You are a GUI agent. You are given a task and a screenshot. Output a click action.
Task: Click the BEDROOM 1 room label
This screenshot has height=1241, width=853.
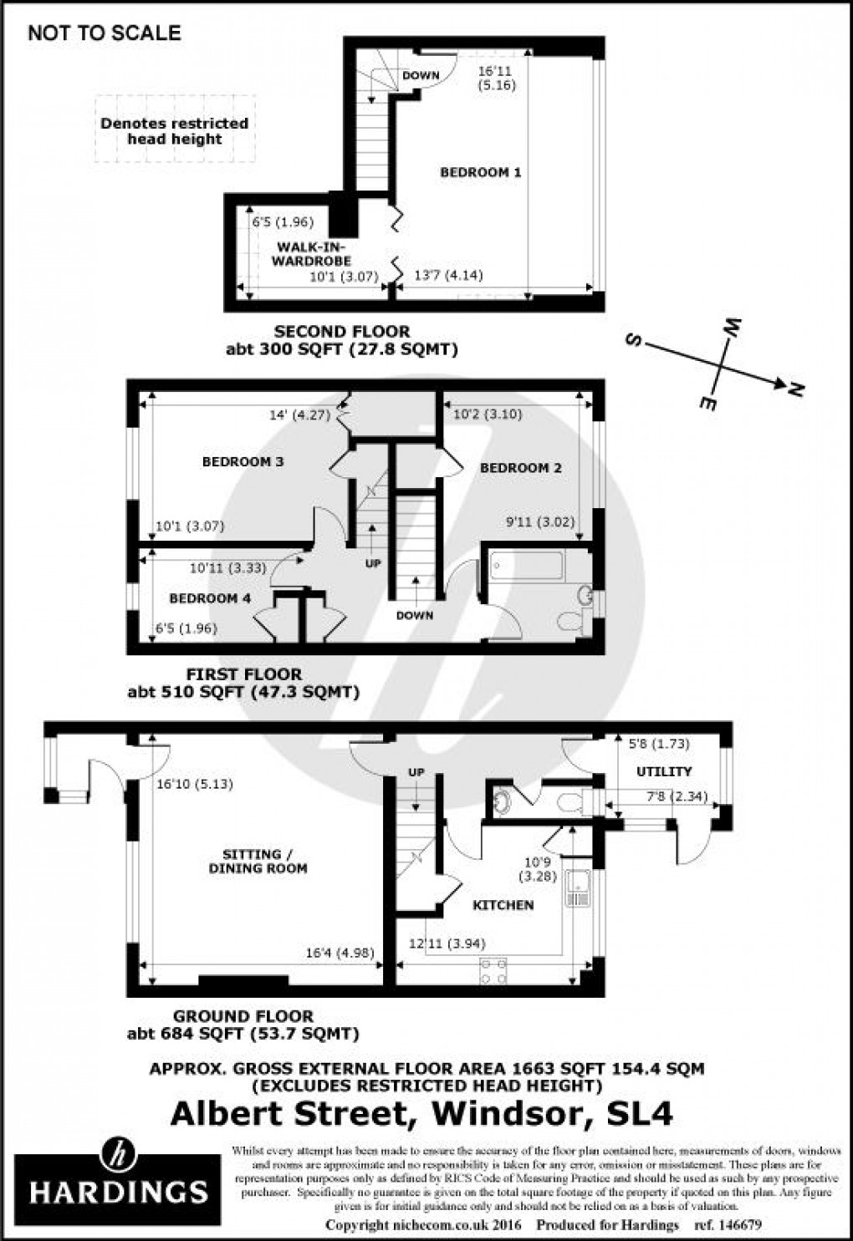(x=480, y=172)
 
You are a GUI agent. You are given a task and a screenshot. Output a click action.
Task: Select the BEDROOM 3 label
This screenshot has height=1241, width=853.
(x=243, y=461)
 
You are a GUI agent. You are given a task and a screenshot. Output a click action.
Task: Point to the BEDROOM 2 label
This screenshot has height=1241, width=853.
(x=520, y=468)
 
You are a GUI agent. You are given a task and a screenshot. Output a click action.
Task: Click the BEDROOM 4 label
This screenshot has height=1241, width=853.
(x=209, y=598)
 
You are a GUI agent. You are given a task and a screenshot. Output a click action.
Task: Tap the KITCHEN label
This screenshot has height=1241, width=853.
(x=503, y=905)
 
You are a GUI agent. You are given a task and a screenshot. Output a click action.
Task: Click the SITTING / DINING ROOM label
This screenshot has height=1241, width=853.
(x=258, y=862)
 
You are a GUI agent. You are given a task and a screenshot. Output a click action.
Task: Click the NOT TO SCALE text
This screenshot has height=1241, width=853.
(x=104, y=33)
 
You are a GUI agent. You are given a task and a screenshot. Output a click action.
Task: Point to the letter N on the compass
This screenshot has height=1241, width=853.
(x=795, y=389)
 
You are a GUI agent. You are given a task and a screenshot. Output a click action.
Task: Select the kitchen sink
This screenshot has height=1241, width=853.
(x=578, y=888)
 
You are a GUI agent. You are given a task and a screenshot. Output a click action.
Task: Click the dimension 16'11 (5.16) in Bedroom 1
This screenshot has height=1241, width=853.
(x=497, y=79)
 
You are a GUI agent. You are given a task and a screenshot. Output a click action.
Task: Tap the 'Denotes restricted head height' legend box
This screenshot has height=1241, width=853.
(x=174, y=130)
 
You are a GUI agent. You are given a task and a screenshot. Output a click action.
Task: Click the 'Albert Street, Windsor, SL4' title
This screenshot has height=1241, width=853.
(x=421, y=1113)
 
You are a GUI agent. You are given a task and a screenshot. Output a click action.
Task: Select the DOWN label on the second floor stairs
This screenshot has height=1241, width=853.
(x=421, y=76)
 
